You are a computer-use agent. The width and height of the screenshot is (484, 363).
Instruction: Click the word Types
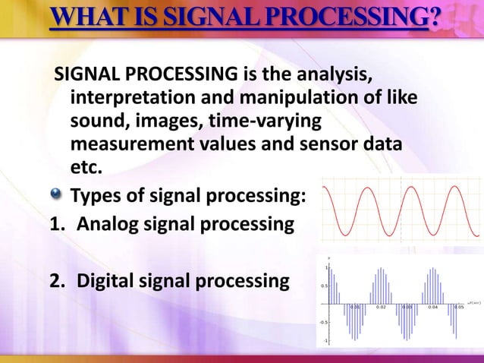coord(98,198)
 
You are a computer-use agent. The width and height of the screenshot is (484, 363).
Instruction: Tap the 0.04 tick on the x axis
coord(432,308)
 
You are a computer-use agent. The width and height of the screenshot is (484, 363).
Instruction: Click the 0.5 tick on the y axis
coord(324,286)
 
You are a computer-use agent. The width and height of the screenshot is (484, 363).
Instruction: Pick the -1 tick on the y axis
coord(326,341)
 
